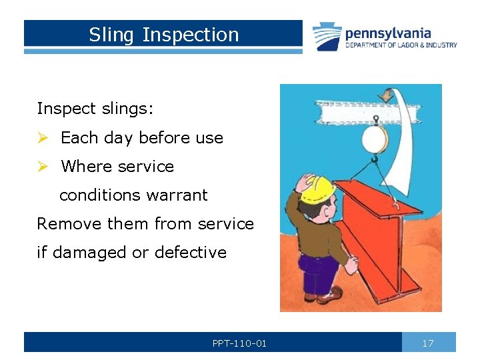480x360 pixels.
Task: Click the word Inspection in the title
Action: click(191, 35)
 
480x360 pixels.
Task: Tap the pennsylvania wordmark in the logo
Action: click(387, 33)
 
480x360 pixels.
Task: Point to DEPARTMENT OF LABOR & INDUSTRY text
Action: click(401, 45)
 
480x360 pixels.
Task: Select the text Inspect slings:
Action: click(95, 109)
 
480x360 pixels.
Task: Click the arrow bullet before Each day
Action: click(43, 138)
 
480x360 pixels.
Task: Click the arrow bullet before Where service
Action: click(43, 167)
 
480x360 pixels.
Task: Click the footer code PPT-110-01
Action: click(239, 343)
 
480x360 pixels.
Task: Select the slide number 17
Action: click(428, 343)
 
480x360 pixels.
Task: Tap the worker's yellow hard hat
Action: click(319, 189)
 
